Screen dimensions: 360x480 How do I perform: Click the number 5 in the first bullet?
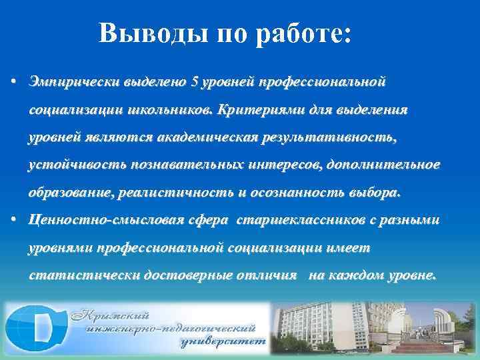point(195,83)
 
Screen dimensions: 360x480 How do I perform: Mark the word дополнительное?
point(388,165)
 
